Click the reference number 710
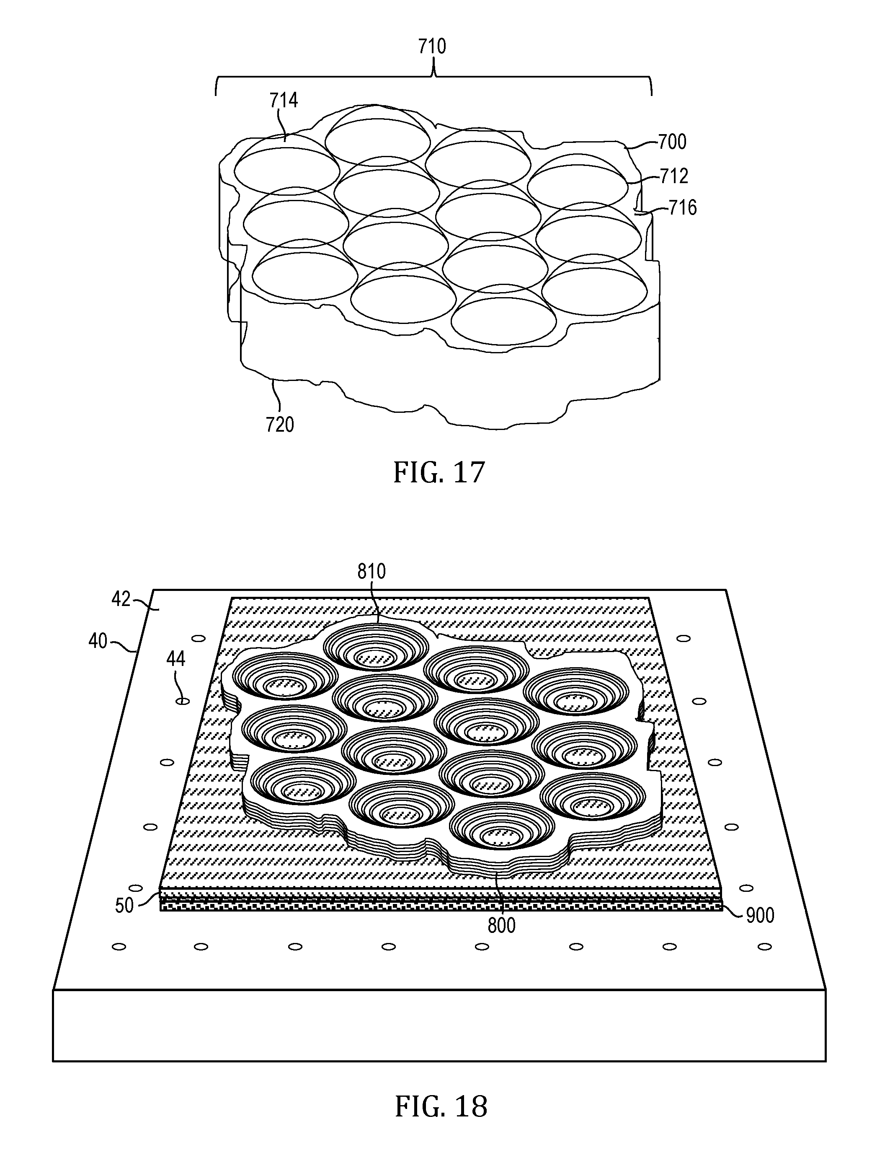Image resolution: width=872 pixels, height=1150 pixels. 432,47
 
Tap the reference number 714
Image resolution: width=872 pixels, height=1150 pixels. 284,100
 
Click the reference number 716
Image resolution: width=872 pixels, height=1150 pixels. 682,207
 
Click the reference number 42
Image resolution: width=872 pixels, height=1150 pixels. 121,599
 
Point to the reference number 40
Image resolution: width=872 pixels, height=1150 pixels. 98,641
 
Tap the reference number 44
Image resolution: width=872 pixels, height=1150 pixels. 175,659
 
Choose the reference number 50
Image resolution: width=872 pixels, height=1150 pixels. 124,905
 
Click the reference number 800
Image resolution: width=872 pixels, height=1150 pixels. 501,925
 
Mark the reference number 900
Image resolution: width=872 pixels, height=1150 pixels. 760,915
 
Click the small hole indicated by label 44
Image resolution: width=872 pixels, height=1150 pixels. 183,701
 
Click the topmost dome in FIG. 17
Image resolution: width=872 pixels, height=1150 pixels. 378,135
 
